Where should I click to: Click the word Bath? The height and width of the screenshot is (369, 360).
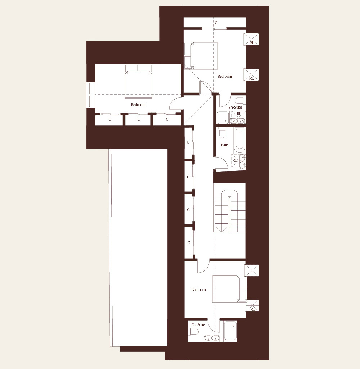tap(224, 145)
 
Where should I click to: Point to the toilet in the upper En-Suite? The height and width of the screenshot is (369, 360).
tap(240, 100)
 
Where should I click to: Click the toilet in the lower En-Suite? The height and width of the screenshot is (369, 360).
tap(194, 332)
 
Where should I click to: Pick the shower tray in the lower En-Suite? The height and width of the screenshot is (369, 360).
tap(230, 331)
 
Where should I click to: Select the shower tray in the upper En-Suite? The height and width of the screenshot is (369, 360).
tap(222, 118)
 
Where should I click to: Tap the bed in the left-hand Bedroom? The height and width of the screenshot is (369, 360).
tap(138, 81)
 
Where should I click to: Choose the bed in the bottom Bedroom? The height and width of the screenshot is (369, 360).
tap(229, 289)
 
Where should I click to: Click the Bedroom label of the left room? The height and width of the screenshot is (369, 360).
tap(138, 105)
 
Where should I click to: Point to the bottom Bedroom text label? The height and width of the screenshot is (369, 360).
tap(198, 290)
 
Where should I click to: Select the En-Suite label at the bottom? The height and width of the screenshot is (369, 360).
tap(198, 325)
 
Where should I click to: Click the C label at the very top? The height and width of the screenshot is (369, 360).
tap(216, 23)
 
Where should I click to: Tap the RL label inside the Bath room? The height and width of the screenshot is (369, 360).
tap(234, 160)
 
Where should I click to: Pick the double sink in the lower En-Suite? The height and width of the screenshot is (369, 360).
tap(212, 338)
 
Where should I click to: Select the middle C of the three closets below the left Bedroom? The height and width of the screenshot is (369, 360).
tap(139, 119)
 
